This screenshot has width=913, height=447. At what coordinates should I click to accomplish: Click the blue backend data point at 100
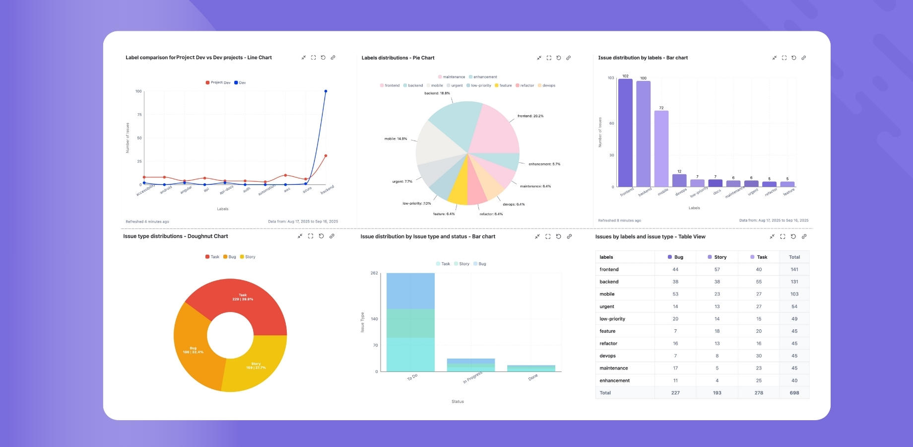(x=326, y=91)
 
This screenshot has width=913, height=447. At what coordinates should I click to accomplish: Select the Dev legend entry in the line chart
(x=240, y=83)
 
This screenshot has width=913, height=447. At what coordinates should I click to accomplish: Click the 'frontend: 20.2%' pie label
(x=530, y=116)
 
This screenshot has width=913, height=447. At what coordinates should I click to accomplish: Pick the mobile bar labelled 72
(x=661, y=149)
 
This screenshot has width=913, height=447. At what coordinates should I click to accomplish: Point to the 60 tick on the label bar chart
(x=611, y=124)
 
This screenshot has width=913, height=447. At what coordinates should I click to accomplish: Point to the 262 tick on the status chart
(x=374, y=273)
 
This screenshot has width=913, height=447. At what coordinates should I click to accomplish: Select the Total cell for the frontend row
(x=794, y=270)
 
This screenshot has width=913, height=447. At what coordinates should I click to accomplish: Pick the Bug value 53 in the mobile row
(x=675, y=294)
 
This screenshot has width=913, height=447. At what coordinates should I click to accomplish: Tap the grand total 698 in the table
(x=794, y=393)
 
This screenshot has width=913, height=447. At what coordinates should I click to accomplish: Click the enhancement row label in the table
(x=614, y=380)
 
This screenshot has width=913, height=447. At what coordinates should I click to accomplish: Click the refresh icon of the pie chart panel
(x=558, y=58)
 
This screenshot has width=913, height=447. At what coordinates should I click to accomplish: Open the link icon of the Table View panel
(x=804, y=236)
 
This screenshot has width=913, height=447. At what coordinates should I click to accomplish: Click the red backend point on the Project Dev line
(x=326, y=156)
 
